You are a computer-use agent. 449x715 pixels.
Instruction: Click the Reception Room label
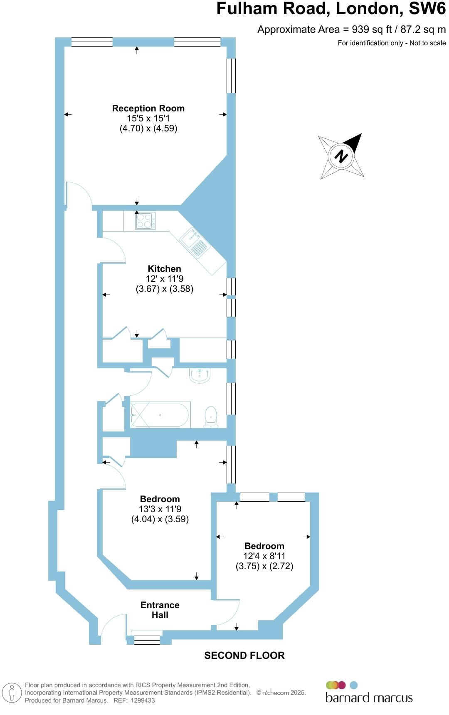148,108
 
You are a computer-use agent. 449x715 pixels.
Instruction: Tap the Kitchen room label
164,269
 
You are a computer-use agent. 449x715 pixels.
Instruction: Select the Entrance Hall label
160,610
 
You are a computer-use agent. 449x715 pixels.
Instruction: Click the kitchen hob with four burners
145,221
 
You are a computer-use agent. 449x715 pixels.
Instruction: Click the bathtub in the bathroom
160,415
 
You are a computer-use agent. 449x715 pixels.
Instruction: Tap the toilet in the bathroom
211,416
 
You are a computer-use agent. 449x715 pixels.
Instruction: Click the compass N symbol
341,157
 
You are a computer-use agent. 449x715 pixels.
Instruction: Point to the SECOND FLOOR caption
244,656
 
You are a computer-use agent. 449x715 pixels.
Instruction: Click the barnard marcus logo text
369,698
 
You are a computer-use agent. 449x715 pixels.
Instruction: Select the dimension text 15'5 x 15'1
148,118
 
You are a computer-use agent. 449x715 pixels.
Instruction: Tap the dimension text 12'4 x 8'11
264,556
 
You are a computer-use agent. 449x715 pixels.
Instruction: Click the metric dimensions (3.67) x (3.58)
164,289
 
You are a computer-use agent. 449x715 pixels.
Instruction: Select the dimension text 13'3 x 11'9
160,509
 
